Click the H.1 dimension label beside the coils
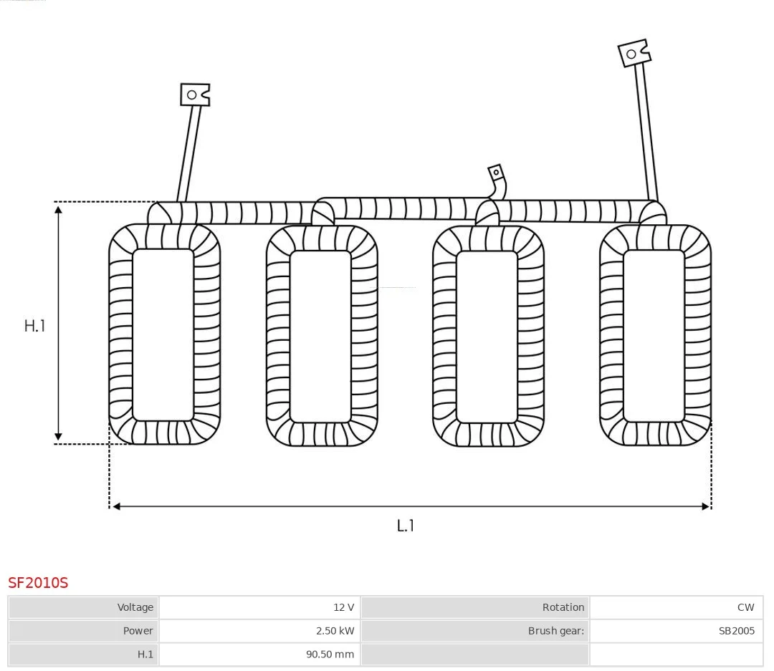(34, 326)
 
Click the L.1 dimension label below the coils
(405, 526)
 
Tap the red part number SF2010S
(38, 583)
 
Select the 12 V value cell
(343, 607)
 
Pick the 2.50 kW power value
(335, 631)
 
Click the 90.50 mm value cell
(330, 655)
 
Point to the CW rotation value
(746, 607)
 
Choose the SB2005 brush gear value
(737, 631)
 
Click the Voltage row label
(135, 607)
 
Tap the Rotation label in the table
(563, 607)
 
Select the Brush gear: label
(556, 631)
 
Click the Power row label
(138, 631)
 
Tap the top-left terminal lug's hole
(192, 95)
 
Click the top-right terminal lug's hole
(631, 54)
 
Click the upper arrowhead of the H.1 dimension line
(58, 211)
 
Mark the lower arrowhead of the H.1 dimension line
(58, 436)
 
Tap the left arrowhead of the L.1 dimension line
(117, 506)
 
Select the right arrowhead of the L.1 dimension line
(705, 506)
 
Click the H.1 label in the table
(145, 655)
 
